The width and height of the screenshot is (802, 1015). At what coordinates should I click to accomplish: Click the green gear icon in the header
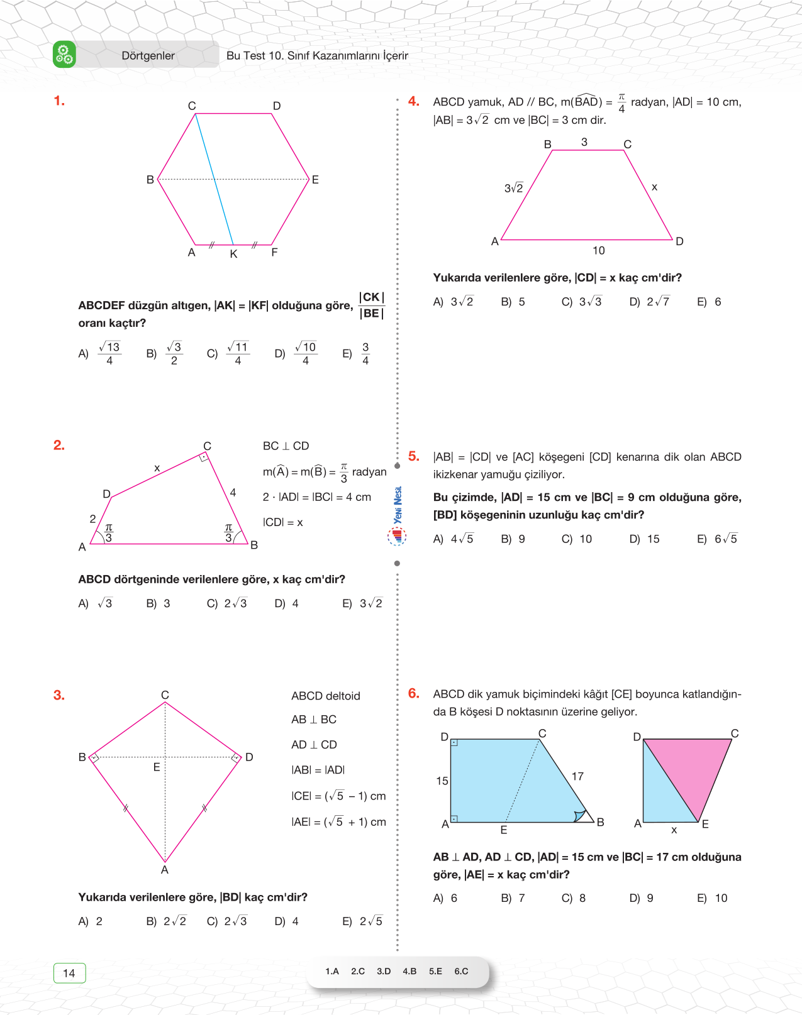[64, 55]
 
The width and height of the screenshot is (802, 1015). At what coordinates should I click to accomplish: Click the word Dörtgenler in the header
[148, 56]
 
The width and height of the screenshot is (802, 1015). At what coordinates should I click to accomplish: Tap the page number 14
[69, 973]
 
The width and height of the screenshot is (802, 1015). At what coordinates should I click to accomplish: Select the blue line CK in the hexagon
[214, 179]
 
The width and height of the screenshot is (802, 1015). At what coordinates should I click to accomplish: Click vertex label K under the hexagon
[233, 255]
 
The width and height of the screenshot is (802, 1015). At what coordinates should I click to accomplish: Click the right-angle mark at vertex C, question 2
[204, 458]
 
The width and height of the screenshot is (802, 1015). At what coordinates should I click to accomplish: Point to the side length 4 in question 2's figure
[233, 493]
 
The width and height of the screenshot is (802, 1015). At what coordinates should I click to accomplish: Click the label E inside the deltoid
[157, 767]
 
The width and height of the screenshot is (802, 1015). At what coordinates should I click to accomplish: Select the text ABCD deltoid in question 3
[325, 696]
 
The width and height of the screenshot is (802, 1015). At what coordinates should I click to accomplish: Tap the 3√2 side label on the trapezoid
[513, 188]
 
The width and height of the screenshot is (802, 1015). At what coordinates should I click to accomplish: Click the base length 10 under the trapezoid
[598, 251]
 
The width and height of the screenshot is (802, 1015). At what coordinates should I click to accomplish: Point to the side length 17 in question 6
[577, 777]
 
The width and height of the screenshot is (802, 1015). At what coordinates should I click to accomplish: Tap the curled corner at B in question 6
[580, 816]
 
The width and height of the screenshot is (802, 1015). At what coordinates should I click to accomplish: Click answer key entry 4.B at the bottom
[409, 971]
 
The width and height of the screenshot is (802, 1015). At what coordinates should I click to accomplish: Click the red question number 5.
[413, 456]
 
